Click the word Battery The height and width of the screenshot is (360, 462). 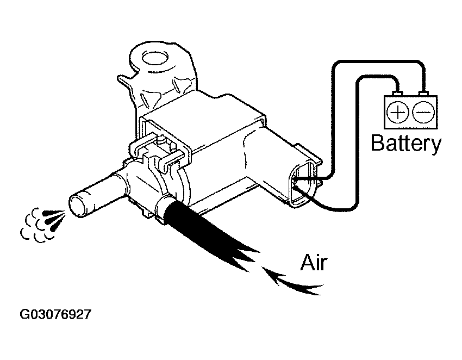[x=406, y=144]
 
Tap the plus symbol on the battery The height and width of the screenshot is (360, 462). [x=397, y=113]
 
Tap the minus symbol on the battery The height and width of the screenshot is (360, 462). [x=423, y=112]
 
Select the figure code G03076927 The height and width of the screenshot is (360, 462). [x=55, y=314]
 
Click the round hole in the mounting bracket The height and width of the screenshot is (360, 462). [x=155, y=58]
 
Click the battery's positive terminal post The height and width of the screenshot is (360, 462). [x=398, y=94]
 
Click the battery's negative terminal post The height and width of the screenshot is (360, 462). [x=424, y=94]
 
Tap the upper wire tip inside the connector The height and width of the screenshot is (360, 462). [x=294, y=178]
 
